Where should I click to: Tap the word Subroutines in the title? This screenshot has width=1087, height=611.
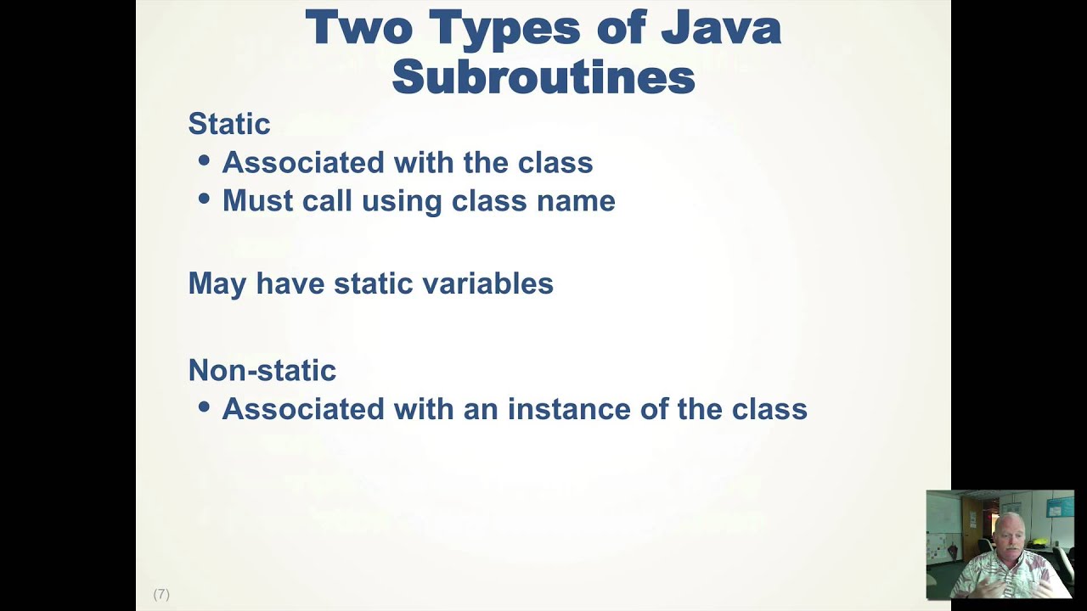(x=543, y=76)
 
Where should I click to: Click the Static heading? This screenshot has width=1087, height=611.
(x=228, y=124)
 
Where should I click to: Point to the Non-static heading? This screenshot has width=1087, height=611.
(x=262, y=370)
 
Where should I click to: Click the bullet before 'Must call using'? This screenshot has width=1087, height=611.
(x=204, y=199)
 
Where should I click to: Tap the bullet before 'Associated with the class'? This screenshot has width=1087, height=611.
(x=204, y=160)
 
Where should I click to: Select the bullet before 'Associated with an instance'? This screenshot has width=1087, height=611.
(x=204, y=406)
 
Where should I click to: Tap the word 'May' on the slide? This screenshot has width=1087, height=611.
(x=217, y=284)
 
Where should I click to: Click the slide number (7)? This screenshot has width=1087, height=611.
(x=161, y=594)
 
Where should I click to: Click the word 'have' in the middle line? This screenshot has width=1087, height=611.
(x=290, y=283)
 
